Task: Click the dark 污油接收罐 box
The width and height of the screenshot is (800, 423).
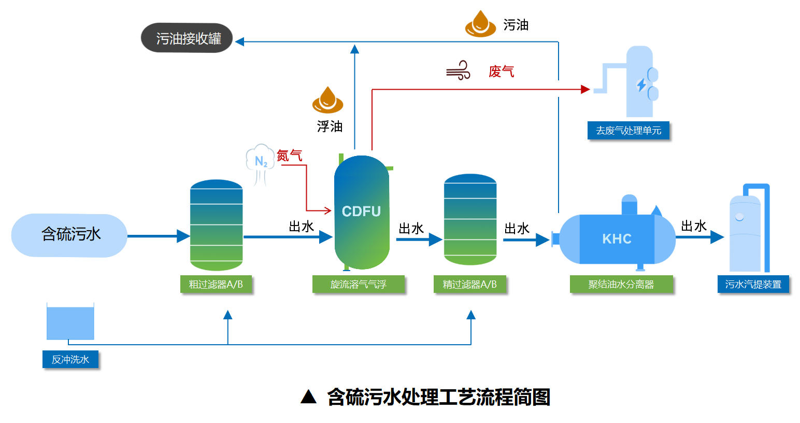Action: [x=187, y=38]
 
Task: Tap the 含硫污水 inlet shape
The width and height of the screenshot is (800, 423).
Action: [x=69, y=235]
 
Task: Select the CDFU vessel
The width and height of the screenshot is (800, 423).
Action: [x=362, y=213]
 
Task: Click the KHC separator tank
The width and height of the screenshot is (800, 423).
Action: [x=617, y=239]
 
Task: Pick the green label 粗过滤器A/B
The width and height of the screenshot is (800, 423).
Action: [x=216, y=285]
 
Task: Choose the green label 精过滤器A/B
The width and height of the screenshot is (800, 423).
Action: [x=469, y=285]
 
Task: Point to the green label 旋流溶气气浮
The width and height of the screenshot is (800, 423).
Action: [x=358, y=285]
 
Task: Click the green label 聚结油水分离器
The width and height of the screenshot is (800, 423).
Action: [x=621, y=285]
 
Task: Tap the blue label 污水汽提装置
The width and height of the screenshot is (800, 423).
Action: [x=753, y=285]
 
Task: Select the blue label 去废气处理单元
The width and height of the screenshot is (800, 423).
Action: [x=628, y=131]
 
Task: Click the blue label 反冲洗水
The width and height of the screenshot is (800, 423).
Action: [x=70, y=359]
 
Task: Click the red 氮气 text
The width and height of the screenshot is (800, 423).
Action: [x=290, y=156]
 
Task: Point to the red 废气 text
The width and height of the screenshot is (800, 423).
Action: [x=501, y=72]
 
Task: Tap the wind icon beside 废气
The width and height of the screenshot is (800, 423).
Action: [x=459, y=70]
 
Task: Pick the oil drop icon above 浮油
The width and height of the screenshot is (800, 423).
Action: [x=327, y=100]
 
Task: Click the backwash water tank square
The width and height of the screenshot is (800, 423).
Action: [x=70, y=322]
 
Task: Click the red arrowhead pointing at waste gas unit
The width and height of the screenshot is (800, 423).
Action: [x=585, y=90]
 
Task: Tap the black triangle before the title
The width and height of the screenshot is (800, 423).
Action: [x=308, y=397]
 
